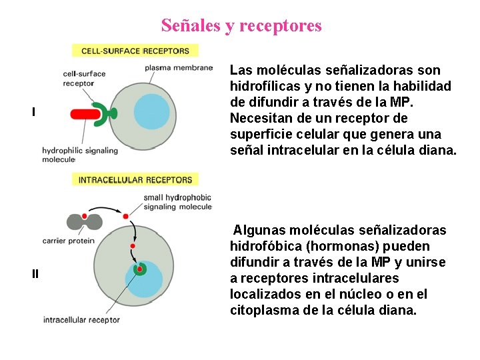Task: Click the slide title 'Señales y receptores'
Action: point(241,26)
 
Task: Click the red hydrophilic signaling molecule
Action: point(85,113)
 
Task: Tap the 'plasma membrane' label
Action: point(178,67)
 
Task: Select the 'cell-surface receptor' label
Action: point(84,78)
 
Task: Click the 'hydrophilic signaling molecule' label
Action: point(79,155)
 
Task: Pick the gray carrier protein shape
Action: point(85,220)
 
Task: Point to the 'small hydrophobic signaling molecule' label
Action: point(177,202)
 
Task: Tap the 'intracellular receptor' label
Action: point(81,319)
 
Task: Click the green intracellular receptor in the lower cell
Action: point(140,269)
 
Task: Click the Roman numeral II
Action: point(35,273)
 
